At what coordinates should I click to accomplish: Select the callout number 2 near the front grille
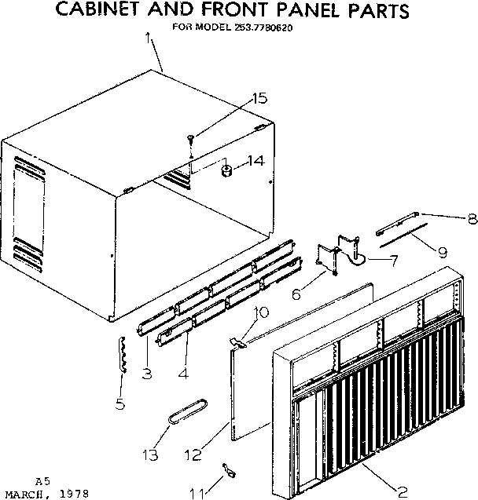click(402, 491)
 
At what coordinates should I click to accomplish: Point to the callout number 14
click(255, 162)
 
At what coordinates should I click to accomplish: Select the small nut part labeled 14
click(226, 170)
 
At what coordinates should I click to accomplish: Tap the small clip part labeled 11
click(230, 470)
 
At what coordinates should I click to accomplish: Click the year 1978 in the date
click(72, 495)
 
